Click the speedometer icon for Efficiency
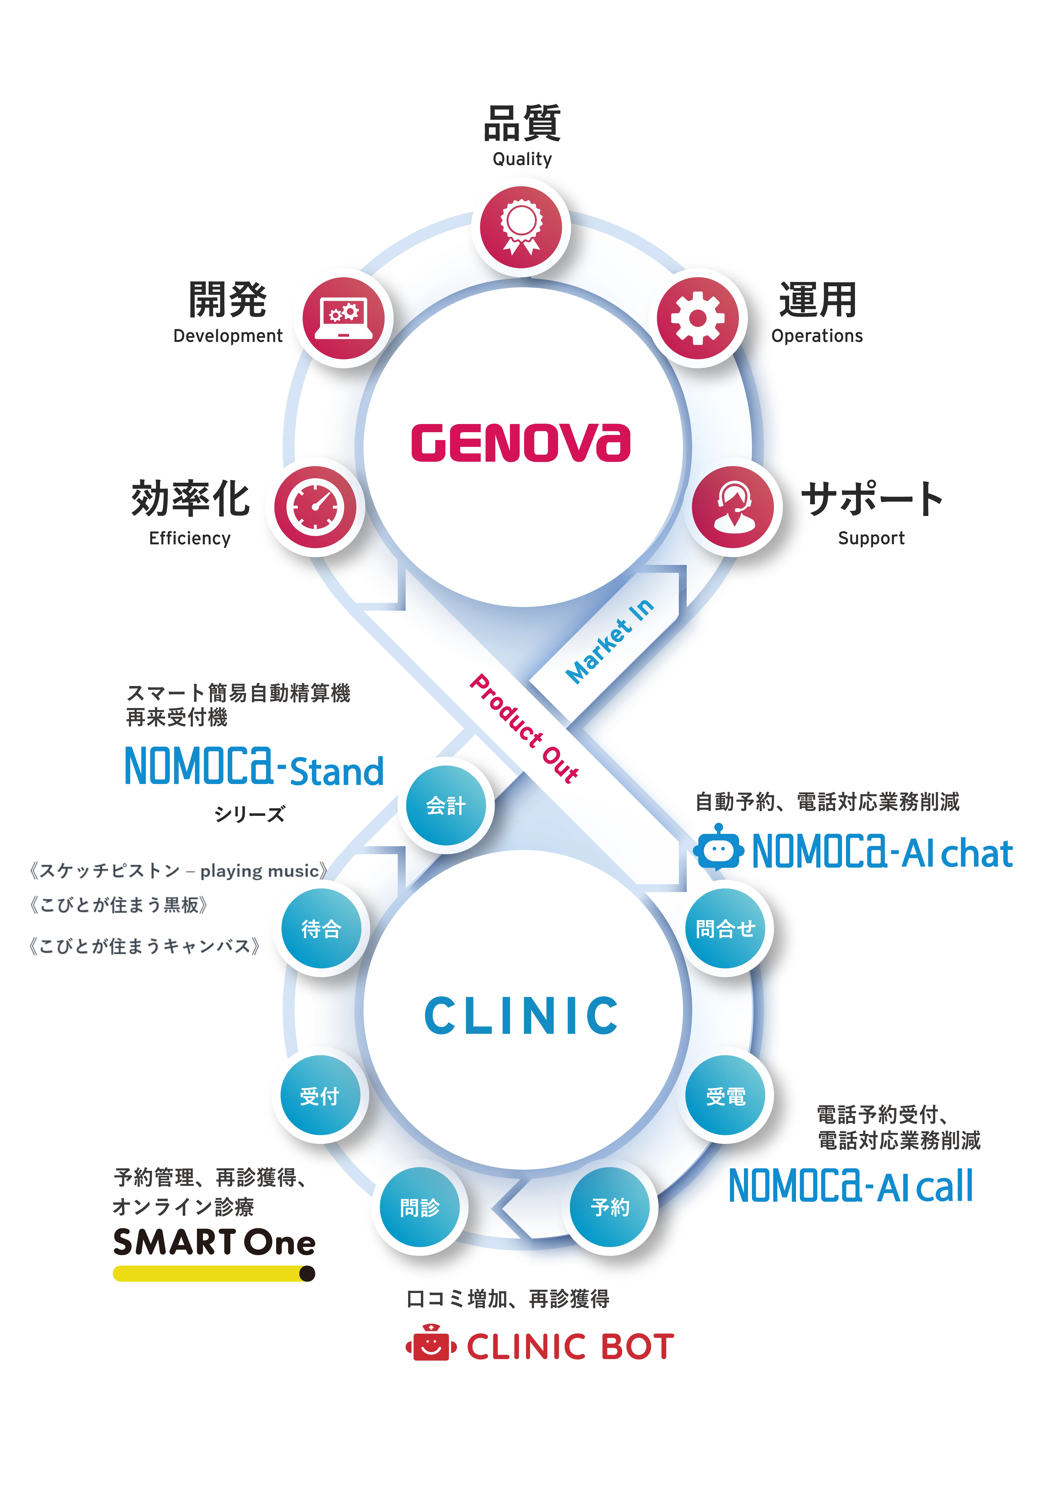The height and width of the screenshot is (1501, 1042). coord(315,507)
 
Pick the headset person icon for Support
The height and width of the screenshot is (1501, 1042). coord(733,507)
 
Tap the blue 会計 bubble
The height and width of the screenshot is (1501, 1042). coord(446,805)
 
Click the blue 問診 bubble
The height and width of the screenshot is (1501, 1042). coord(420,1207)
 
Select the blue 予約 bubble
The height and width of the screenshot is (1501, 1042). coord(610,1207)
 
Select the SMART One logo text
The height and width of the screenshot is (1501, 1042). coord(214,1242)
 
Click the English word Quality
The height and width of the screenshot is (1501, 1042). coord(522,159)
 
